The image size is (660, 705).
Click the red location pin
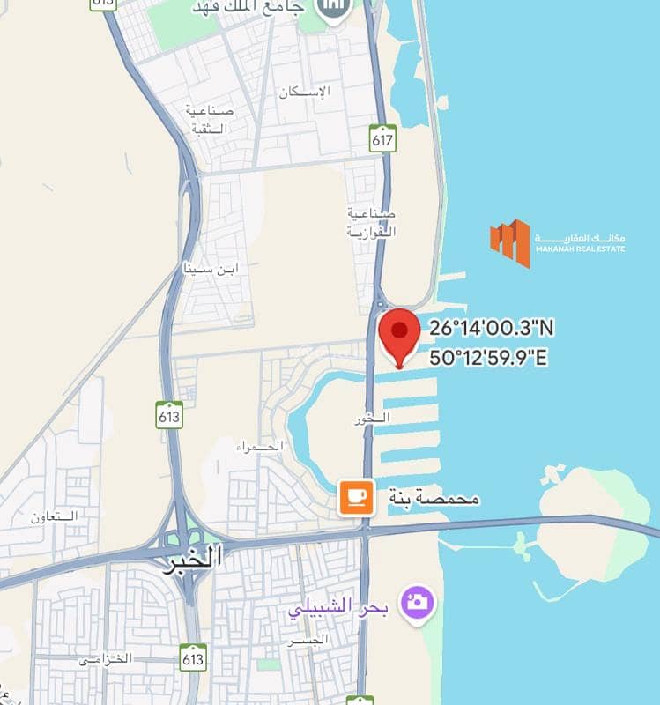(x=399, y=335)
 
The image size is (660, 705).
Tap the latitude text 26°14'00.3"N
(x=492, y=329)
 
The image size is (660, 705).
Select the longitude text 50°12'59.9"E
(x=489, y=358)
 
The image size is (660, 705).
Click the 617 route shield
(x=383, y=137)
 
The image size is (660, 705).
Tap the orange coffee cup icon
(x=357, y=498)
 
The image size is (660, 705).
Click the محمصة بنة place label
(x=434, y=499)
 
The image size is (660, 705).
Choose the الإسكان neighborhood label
(x=305, y=92)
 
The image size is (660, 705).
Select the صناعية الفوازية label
(x=371, y=222)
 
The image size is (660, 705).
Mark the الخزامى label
(x=104, y=658)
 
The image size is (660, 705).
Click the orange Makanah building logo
(x=510, y=242)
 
